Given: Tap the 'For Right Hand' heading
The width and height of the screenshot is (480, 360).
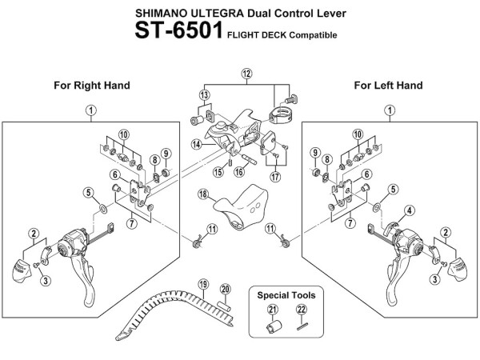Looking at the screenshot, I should pyautogui.click(x=91, y=85).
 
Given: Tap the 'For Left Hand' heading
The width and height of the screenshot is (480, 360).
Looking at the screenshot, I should pyautogui.click(x=389, y=85).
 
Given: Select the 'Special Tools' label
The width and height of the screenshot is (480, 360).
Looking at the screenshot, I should pyautogui.click(x=286, y=295).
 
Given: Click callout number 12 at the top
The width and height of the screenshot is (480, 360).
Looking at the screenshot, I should pyautogui.click(x=246, y=74).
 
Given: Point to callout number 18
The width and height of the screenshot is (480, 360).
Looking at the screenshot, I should pyautogui.click(x=203, y=194).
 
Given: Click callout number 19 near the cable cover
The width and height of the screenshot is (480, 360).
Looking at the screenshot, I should pyautogui.click(x=203, y=283).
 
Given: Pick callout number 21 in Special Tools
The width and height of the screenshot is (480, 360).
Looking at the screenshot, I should pyautogui.click(x=272, y=310).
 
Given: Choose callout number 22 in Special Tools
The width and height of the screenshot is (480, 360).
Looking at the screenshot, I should pyautogui.click(x=301, y=310).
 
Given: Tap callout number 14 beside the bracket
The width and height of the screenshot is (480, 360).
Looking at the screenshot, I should pyautogui.click(x=196, y=144).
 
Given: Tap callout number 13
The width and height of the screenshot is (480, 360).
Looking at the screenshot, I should pyautogui.click(x=205, y=95).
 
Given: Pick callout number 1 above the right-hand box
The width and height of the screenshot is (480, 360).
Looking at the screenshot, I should pyautogui.click(x=91, y=110).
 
